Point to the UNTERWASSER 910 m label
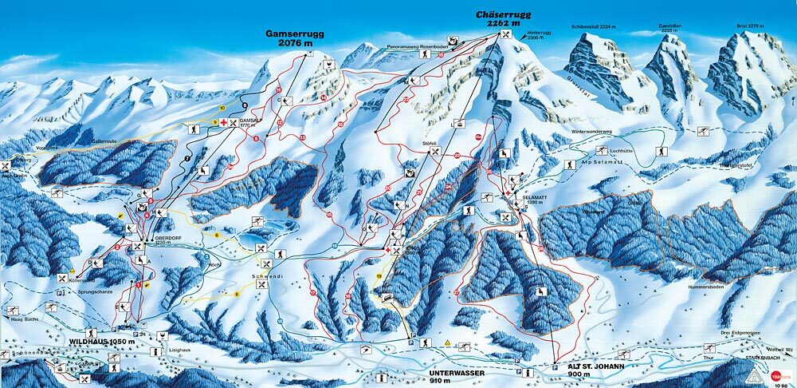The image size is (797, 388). click(x=434, y=374)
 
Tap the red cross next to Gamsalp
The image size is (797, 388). click(x=225, y=122)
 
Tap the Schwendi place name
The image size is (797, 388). click(x=268, y=272)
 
